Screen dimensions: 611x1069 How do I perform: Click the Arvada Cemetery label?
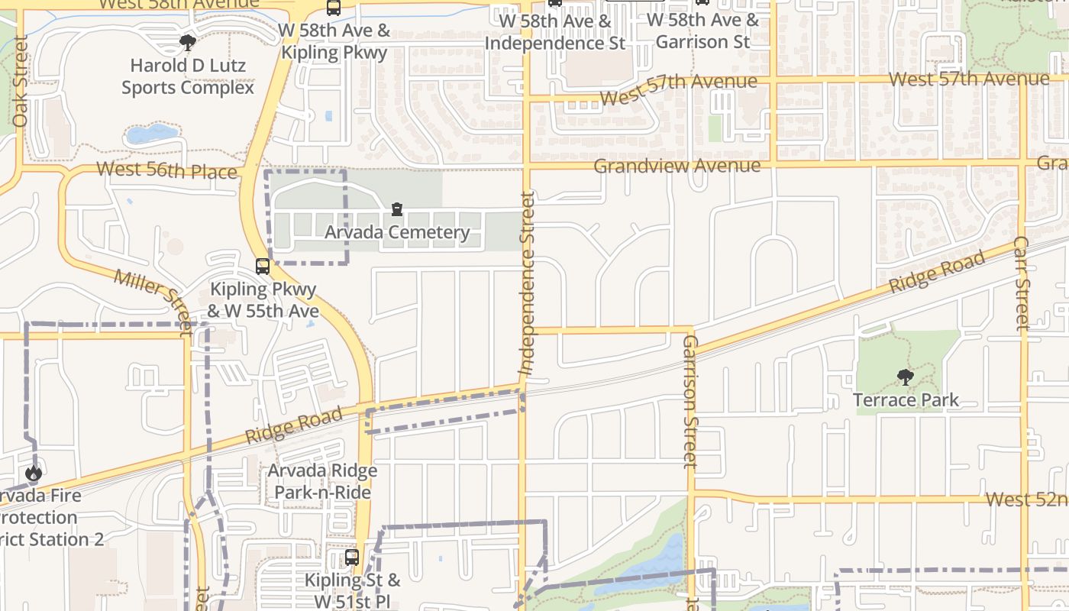point(397,232)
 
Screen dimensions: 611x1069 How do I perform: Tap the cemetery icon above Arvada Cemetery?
point(396,209)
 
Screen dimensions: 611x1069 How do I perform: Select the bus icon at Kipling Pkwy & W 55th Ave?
point(263,267)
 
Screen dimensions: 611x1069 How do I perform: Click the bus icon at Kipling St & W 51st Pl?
point(351,558)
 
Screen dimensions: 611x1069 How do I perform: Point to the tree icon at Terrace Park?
point(905,377)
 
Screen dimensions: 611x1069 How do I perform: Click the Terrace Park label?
point(906,399)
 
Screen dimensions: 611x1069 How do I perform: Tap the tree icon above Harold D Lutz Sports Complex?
point(188,43)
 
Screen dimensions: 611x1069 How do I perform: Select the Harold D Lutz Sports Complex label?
point(188,76)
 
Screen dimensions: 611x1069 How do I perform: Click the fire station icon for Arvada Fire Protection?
point(33,474)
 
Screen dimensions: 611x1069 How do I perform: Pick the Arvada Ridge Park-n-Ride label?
point(322,481)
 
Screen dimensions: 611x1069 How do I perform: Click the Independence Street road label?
point(527,283)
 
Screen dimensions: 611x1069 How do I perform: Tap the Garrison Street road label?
point(690,401)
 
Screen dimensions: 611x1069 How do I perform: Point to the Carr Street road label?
point(1022,283)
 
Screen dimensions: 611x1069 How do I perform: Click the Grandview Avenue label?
point(677,166)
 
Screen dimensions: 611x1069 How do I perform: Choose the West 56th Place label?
point(167,170)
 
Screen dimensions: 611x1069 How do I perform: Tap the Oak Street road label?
point(21,81)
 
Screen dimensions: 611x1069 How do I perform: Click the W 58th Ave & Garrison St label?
point(707,31)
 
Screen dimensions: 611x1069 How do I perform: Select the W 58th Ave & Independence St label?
point(555,32)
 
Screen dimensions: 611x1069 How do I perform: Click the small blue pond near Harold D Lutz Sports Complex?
point(150,134)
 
